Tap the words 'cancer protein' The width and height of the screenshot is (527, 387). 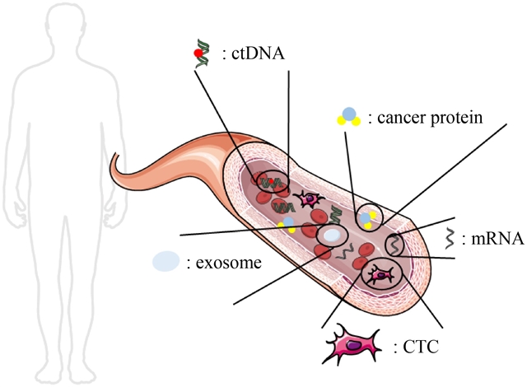coord(436,119)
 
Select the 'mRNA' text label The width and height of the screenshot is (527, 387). coord(492,240)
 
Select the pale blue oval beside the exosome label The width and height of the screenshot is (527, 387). coord(166,261)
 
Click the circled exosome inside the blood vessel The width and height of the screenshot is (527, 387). coord(330,236)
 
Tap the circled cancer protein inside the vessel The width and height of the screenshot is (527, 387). coord(367,219)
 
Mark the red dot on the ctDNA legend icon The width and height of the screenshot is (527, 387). coord(196,55)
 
